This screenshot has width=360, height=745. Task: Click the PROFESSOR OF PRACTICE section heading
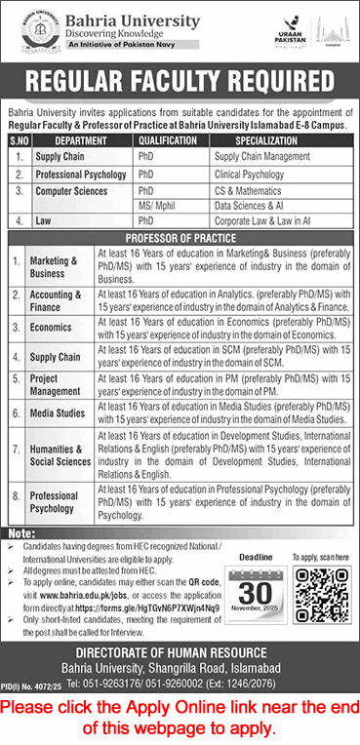[x=180, y=239]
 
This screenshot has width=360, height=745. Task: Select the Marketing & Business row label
[x=54, y=267]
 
